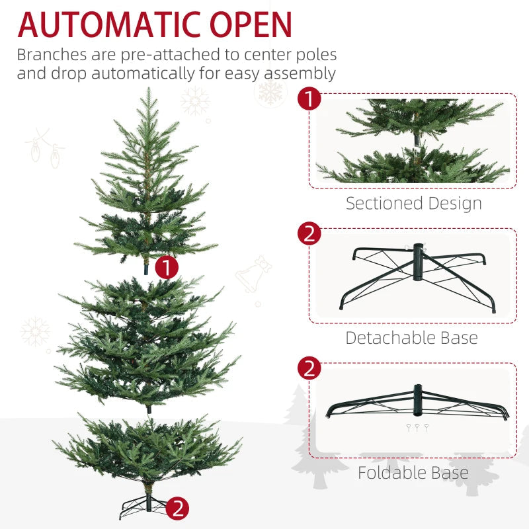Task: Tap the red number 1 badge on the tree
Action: pyautogui.click(x=167, y=267)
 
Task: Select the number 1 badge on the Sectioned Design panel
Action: pyautogui.click(x=309, y=100)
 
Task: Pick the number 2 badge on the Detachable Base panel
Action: pyautogui.click(x=309, y=234)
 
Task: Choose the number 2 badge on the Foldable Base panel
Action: pyautogui.click(x=309, y=368)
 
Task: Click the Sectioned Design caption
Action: pyautogui.click(x=413, y=203)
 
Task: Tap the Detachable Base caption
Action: pyautogui.click(x=411, y=338)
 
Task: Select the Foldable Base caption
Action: pyautogui.click(x=413, y=473)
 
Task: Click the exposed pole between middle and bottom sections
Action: pyautogui.click(x=149, y=409)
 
